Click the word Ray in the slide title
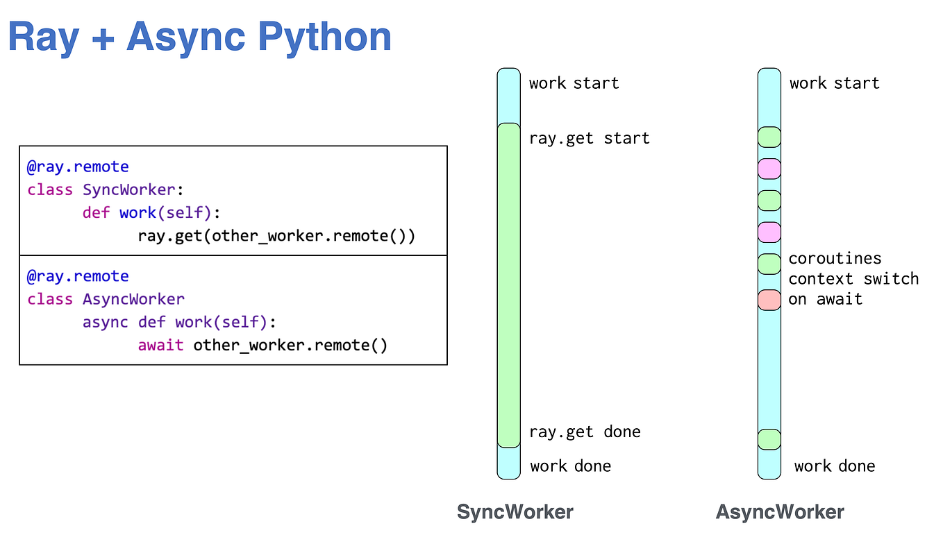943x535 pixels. click(43, 37)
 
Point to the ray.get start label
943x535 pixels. click(589, 138)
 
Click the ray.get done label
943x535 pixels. click(584, 432)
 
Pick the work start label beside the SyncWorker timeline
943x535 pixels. click(574, 83)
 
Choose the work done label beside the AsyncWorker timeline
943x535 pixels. click(835, 466)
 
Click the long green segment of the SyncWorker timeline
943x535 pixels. click(509, 285)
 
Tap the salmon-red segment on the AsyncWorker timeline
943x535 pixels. click(769, 300)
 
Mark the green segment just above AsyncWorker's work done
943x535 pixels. click(769, 439)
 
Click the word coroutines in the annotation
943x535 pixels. click(835, 259)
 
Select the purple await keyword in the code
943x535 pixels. click(160, 345)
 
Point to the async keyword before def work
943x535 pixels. click(105, 322)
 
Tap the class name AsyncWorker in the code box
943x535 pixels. click(133, 299)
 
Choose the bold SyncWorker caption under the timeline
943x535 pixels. click(515, 512)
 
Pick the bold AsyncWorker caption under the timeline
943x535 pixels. click(780, 512)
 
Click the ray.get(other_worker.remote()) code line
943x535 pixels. click(276, 235)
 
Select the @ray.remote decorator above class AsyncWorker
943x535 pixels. click(78, 276)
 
